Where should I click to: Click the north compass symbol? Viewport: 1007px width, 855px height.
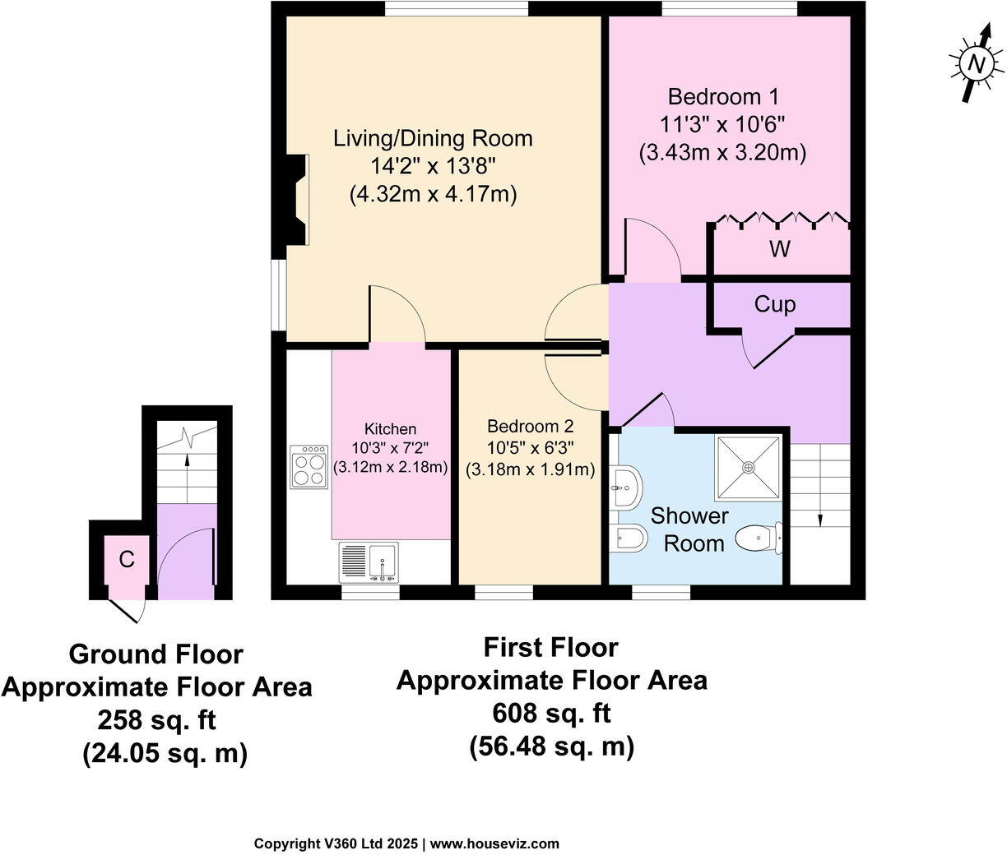coord(976,63)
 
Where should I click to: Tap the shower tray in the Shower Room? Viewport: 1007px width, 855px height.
coord(748,467)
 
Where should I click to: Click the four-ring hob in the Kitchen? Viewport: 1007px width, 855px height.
coord(309,468)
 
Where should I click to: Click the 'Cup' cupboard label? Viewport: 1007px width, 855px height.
coord(775,305)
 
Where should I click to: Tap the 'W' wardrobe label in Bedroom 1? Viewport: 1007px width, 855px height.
coord(779,248)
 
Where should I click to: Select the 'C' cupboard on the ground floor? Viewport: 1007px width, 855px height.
coord(126,560)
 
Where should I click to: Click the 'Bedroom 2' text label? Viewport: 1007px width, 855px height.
coord(530,427)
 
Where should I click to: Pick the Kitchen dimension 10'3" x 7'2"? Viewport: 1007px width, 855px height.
coord(391,448)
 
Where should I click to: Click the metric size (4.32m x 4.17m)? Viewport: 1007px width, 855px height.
coord(433,196)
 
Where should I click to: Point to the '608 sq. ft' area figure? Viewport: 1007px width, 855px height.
coord(551,713)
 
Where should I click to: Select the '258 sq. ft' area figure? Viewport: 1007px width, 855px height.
coord(156,720)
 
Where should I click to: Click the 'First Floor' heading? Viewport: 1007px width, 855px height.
coord(550,648)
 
